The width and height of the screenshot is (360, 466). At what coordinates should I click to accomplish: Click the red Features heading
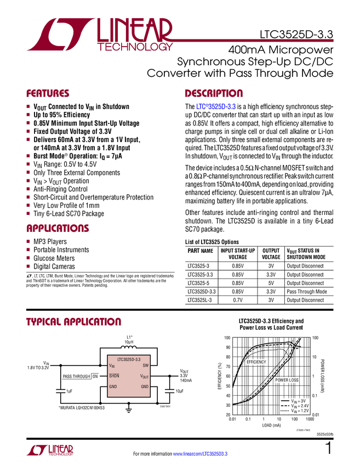[48, 93]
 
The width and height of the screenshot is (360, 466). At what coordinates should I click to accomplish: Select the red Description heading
[214, 93]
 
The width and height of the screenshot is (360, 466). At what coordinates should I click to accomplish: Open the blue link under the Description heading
[216, 106]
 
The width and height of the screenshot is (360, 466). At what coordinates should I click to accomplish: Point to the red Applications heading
[58, 229]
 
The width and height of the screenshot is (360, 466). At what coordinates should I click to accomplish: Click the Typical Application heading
[73, 321]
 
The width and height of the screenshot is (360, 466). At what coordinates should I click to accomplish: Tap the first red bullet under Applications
[28, 241]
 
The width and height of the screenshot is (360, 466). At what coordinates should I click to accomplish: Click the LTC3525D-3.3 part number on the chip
[129, 359]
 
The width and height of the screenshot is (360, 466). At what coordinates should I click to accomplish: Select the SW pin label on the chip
[145, 365]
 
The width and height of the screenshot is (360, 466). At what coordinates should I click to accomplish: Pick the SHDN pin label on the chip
[114, 376]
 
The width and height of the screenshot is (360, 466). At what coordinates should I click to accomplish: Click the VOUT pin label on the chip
[144, 377]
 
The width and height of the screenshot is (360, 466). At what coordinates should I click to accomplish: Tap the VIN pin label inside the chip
[112, 365]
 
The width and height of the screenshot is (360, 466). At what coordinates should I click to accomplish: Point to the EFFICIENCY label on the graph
[256, 362]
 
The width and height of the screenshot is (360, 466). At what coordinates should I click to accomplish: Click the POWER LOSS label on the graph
[287, 380]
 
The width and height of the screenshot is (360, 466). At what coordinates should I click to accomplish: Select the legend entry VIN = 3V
[298, 401]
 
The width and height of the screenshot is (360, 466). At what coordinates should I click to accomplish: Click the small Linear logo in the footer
[49, 450]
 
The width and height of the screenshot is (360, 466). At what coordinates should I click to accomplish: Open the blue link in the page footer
[201, 453]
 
